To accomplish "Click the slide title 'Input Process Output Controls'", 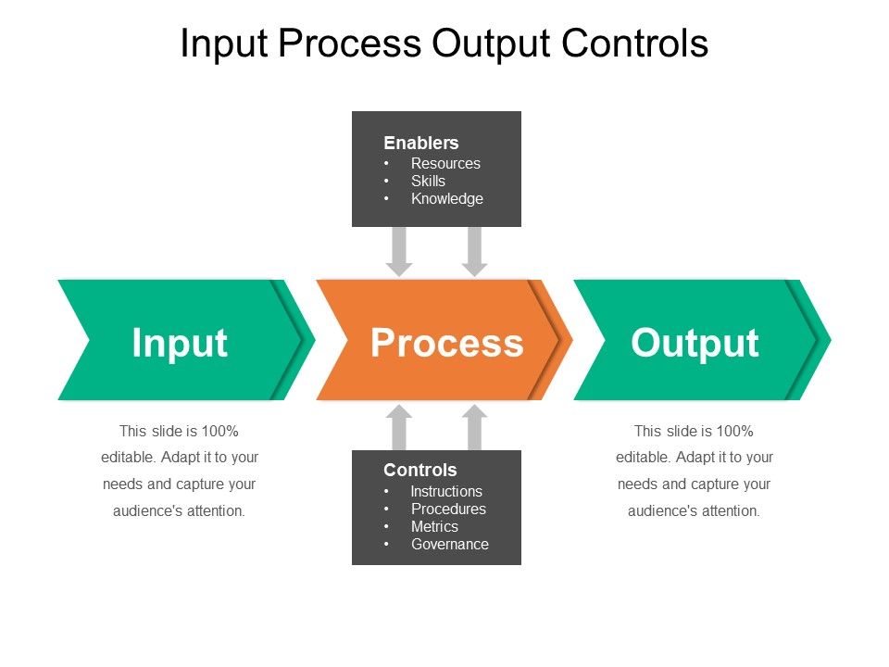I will (x=444, y=44).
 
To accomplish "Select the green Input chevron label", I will (x=180, y=342).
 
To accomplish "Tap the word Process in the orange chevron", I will (x=446, y=342).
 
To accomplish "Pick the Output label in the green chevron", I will (x=695, y=342).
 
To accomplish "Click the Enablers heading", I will (x=421, y=143).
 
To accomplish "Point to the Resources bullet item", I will (x=445, y=163).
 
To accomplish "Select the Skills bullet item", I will (x=428, y=181).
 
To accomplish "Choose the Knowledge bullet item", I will (x=447, y=198).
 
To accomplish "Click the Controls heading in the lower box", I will (x=420, y=470).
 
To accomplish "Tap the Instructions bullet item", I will (x=446, y=491).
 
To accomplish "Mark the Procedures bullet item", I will (x=448, y=509).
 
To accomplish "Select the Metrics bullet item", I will (x=434, y=526).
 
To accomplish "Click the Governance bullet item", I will (x=450, y=544).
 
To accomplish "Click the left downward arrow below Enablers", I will (x=399, y=251).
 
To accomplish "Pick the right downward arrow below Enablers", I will (x=475, y=251).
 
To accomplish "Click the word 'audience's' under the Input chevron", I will (x=146, y=510).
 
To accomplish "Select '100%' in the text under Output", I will (x=735, y=431).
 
